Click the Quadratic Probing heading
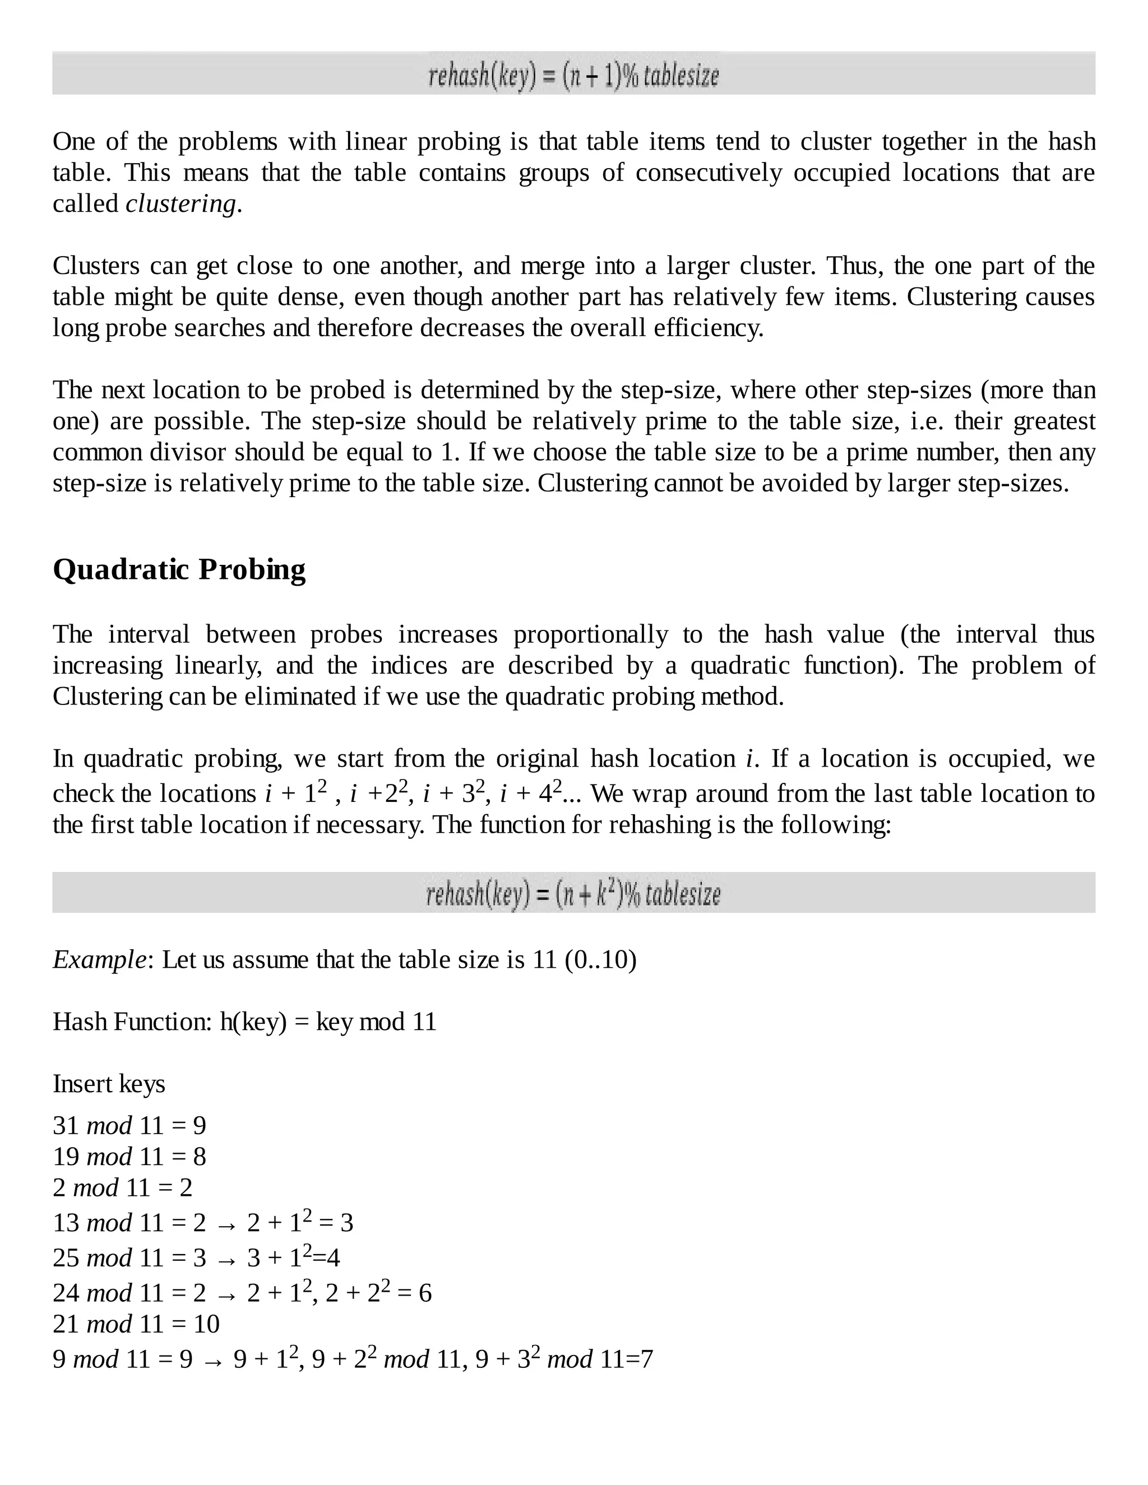[x=179, y=570]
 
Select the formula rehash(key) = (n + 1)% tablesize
[x=573, y=75]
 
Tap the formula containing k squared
[x=573, y=893]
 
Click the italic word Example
[x=99, y=959]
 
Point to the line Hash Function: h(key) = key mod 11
[x=244, y=1021]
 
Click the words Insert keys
[x=109, y=1083]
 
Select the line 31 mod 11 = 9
[x=129, y=1125]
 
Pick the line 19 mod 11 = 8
[x=129, y=1157]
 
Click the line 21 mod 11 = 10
[x=136, y=1324]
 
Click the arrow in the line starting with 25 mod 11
[x=226, y=1260]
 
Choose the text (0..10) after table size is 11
[x=600, y=959]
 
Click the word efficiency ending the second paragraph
[x=708, y=328]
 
